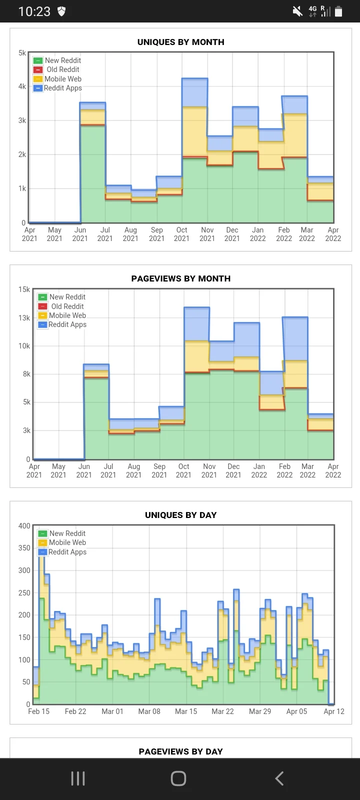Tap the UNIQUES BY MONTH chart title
point(180,42)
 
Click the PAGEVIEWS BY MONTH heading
point(180,278)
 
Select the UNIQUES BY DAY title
point(180,515)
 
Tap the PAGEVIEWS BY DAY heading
point(180,751)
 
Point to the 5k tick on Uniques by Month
point(22,52)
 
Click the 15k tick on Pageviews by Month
point(24,289)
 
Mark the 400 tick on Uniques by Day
point(24,525)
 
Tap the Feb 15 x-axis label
point(38,711)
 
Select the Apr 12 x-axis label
point(333,711)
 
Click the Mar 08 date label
point(149,711)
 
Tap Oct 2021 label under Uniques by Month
point(181,234)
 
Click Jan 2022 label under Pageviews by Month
point(259,470)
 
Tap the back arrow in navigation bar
point(279,778)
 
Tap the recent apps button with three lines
point(78,778)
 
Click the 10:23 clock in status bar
point(34,11)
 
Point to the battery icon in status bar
point(338,11)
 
